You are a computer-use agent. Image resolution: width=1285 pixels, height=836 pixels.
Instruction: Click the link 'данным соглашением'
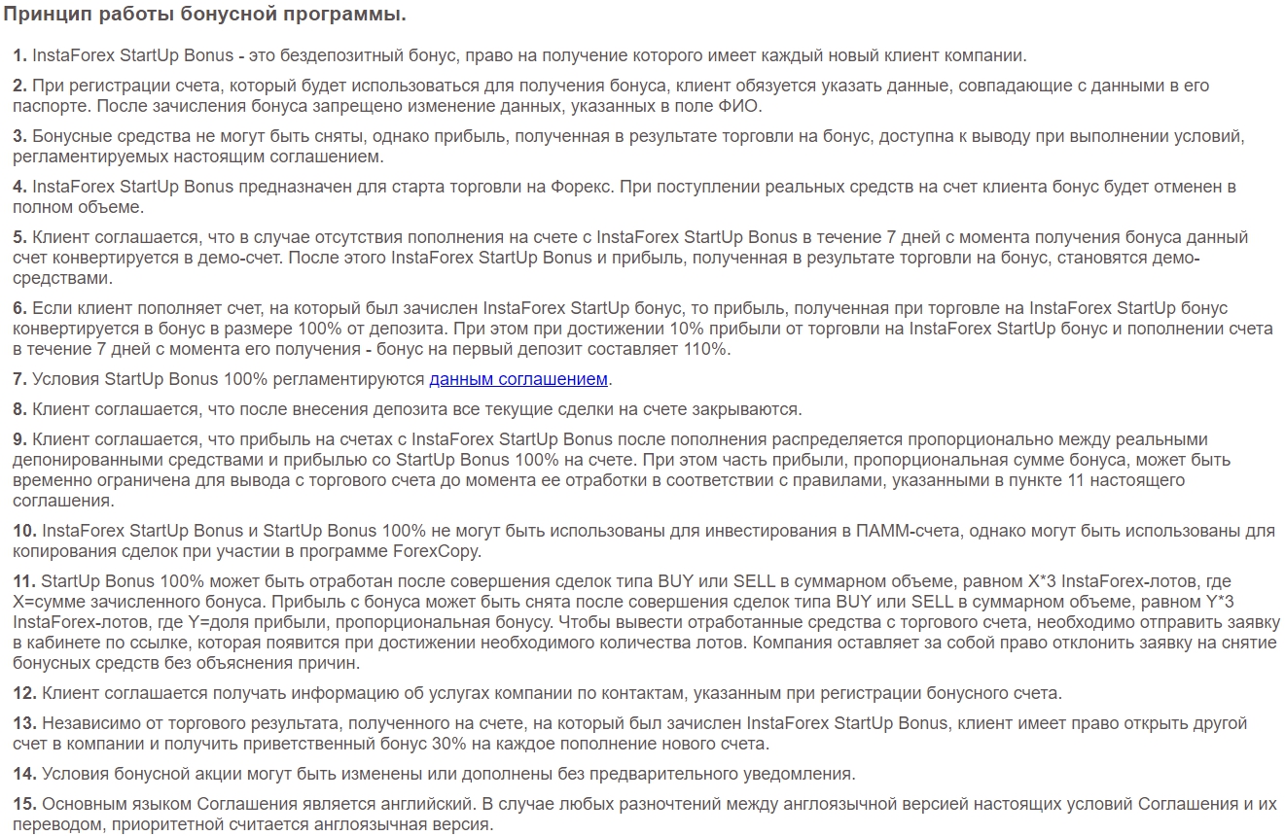coord(518,379)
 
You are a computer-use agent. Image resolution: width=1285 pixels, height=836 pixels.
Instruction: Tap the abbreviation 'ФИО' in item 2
coord(750,106)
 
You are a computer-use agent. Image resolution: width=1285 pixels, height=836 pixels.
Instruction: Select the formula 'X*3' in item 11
coord(1043,581)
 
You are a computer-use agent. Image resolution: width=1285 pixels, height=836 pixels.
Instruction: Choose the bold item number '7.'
coord(19,379)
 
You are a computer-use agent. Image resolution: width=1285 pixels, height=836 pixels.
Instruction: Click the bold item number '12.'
coord(24,693)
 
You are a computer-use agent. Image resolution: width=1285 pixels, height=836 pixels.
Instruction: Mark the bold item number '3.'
coord(19,136)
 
